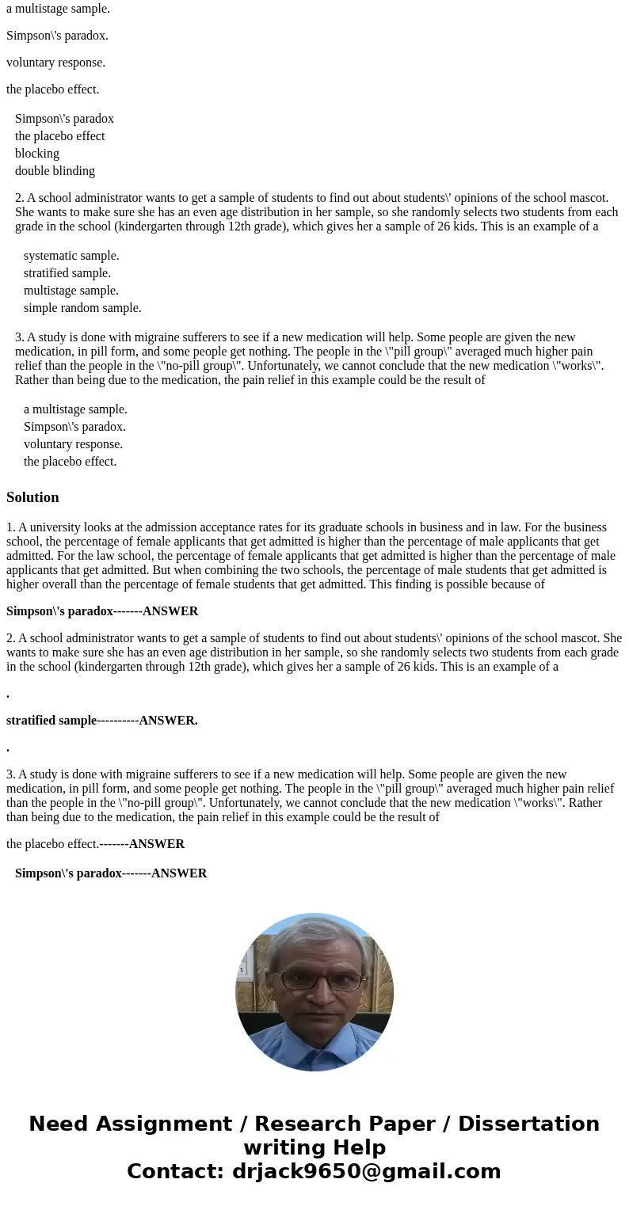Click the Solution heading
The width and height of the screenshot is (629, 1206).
(x=32, y=497)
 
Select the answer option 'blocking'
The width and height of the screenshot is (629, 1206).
(x=37, y=154)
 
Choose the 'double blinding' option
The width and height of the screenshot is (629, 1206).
(x=55, y=171)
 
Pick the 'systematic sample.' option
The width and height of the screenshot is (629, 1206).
(x=71, y=256)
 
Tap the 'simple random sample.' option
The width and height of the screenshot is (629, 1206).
(x=82, y=308)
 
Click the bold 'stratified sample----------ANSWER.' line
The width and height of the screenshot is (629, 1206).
(x=101, y=721)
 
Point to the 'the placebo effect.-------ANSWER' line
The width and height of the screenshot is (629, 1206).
(x=95, y=844)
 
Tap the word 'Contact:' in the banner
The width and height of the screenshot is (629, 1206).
(x=175, y=1172)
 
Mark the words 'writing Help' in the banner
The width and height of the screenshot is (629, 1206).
(x=314, y=1148)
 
